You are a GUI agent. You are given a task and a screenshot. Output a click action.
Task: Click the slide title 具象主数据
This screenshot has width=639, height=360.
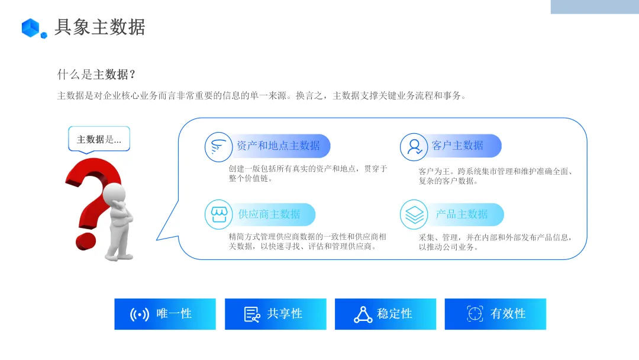[x=99, y=27]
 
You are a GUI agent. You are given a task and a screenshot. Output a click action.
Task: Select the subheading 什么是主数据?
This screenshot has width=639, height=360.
[x=96, y=75]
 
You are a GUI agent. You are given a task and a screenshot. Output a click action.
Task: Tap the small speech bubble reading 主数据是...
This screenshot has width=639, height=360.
[x=99, y=139]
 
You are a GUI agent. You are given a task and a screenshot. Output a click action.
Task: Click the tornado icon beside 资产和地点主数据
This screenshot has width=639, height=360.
[x=218, y=146]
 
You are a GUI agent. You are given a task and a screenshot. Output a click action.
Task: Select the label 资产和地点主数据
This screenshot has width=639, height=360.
[x=278, y=146]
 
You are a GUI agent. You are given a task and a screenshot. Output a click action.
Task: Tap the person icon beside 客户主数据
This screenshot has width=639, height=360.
[x=414, y=146]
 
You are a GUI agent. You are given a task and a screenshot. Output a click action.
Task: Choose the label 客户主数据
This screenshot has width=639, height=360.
[x=457, y=146]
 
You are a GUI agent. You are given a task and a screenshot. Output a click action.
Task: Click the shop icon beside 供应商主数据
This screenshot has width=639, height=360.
[x=218, y=214]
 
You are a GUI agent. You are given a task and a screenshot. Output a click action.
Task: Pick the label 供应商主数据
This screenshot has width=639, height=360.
[x=269, y=214]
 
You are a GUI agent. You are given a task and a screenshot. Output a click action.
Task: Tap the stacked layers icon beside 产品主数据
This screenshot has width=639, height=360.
[x=414, y=214]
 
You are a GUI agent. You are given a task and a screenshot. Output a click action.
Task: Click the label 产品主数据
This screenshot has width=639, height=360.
[x=461, y=214]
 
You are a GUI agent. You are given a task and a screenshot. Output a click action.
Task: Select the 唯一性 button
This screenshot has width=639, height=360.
[x=165, y=314]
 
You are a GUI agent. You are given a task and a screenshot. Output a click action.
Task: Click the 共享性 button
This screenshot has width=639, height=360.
[x=275, y=314]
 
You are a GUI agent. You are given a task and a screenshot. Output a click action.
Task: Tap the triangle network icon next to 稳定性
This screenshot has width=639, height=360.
[x=363, y=314]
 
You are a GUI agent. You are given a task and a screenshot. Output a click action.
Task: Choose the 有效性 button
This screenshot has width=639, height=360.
[x=495, y=314]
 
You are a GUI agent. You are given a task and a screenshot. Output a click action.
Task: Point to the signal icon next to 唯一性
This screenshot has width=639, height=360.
[x=140, y=314]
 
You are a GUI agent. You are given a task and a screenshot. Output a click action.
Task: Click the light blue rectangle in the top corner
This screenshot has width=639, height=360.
[x=595, y=7]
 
